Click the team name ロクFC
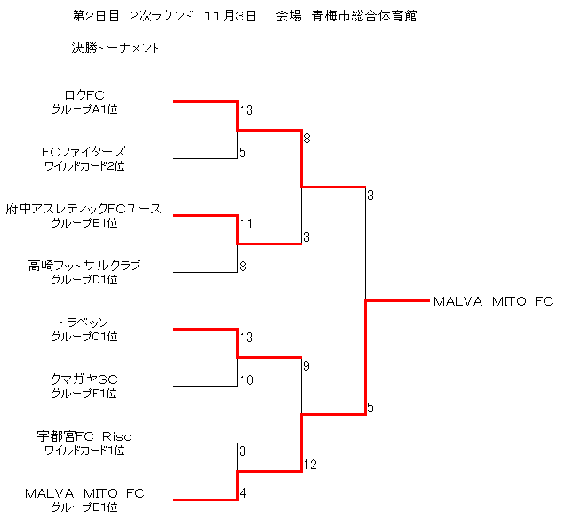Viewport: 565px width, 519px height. point(84,95)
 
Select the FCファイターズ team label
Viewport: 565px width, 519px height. point(84,152)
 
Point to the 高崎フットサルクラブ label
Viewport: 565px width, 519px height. point(84,266)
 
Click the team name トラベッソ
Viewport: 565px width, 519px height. point(84,323)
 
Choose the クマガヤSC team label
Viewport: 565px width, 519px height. point(84,379)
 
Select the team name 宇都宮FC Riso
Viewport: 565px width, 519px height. point(84,436)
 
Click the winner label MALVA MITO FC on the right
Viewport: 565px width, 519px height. point(493,301)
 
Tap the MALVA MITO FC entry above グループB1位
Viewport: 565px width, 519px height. point(84,493)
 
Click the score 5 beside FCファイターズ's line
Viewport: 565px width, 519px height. point(242,153)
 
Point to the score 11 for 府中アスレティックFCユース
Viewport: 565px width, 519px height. point(246,224)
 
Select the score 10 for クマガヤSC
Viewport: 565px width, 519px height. point(246,380)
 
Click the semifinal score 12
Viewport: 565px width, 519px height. point(309,465)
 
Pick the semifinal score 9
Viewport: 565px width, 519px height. point(306,365)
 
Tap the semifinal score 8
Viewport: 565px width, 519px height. point(306,139)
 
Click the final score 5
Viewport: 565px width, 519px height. point(370,408)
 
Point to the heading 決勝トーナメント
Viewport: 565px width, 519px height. point(115,48)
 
